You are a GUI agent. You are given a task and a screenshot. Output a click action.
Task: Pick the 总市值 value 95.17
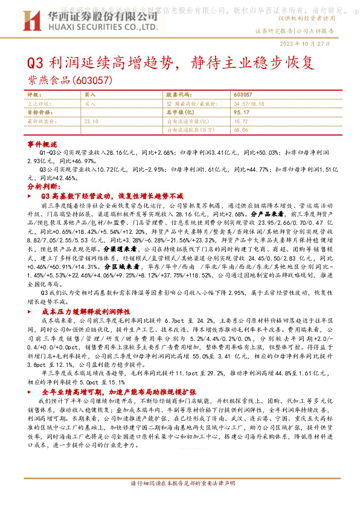240,112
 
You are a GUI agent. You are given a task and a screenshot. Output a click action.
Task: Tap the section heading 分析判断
42,187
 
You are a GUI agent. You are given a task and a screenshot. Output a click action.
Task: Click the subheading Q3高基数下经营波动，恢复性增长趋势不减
112,196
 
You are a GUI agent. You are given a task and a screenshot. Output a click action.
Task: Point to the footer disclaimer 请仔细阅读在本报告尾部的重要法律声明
182,501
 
